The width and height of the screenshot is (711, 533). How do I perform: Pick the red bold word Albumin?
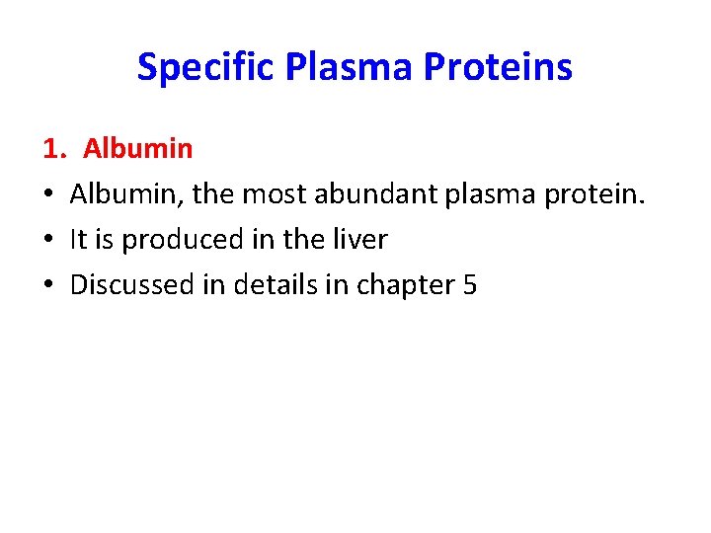[x=137, y=149]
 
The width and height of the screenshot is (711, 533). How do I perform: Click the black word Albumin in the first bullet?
[x=124, y=194]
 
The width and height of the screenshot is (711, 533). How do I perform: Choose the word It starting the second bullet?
[x=79, y=240]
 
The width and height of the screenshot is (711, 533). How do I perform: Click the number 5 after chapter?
[x=469, y=285]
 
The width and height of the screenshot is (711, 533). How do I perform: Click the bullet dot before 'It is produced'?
[x=48, y=240]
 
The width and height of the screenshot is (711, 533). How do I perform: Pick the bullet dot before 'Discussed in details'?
[x=48, y=285]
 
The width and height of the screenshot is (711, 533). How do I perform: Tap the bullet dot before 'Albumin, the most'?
[x=48, y=194]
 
